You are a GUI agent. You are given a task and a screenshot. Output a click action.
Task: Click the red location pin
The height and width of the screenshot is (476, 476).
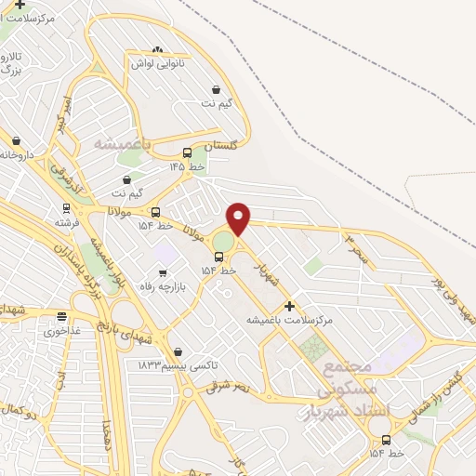click(x=239, y=218)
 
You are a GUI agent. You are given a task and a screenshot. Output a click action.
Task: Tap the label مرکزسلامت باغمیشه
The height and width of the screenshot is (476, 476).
click(x=289, y=320)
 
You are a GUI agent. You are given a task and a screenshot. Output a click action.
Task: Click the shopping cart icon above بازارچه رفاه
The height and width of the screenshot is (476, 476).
click(x=164, y=273)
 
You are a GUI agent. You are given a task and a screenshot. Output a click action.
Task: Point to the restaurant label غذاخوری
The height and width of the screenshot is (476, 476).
click(x=64, y=330)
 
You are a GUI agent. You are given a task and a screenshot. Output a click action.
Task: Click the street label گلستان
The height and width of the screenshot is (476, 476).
click(x=221, y=147)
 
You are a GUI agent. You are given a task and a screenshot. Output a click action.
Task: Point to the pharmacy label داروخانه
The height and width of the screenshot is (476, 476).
click(x=17, y=154)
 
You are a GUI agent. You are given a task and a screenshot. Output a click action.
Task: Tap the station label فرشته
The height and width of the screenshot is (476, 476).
click(x=66, y=222)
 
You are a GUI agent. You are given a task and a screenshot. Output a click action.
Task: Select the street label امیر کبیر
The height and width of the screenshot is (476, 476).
click(x=60, y=112)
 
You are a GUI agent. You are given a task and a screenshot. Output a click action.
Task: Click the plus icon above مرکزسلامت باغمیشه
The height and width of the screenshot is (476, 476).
click(x=289, y=305)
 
